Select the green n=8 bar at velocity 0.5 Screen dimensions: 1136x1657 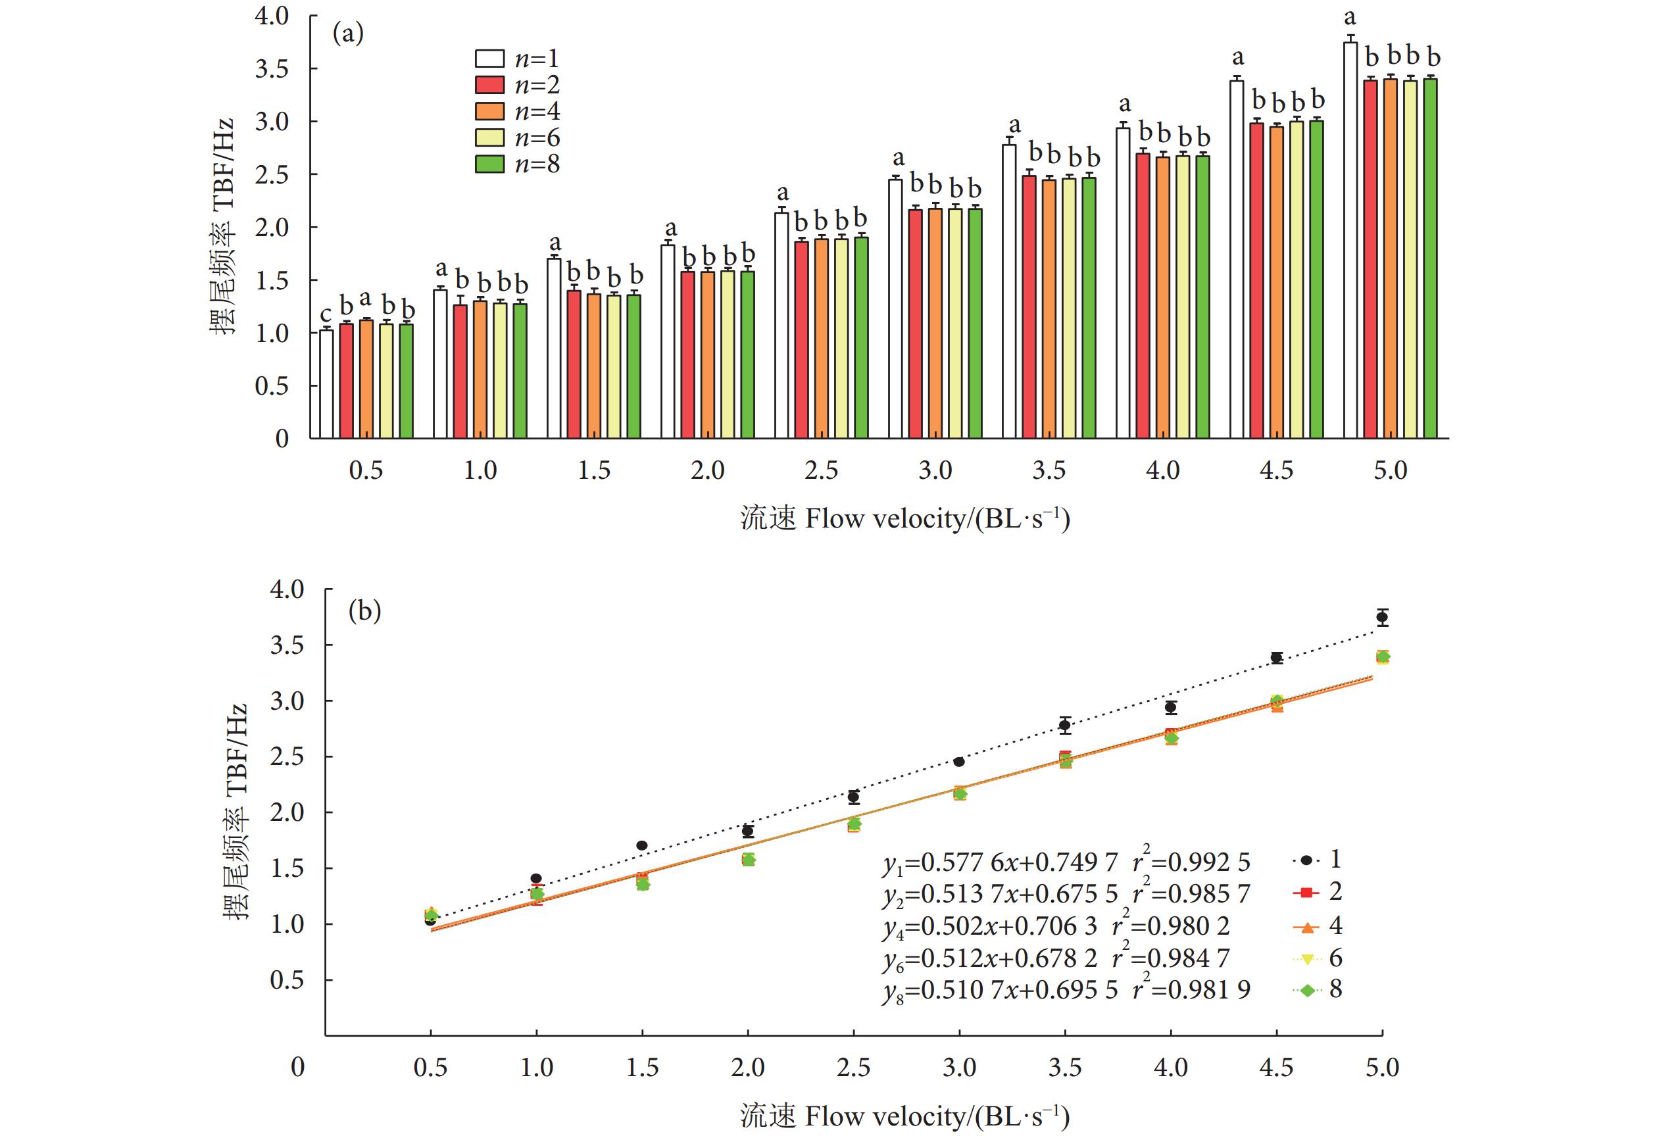pyautogui.click(x=407, y=381)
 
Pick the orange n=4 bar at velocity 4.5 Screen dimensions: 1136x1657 pyautogui.click(x=1277, y=282)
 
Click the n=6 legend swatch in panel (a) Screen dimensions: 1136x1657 pyautogui.click(x=490, y=137)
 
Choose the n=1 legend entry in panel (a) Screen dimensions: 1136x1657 pyautogui.click(x=518, y=59)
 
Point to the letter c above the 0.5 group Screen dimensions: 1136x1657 pyautogui.click(x=326, y=314)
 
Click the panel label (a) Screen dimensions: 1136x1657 pyautogui.click(x=349, y=34)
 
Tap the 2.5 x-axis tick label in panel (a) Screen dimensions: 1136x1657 pyautogui.click(x=822, y=471)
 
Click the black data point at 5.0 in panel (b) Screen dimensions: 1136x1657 pyautogui.click(x=1383, y=618)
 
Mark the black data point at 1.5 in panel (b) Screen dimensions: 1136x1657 pyautogui.click(x=642, y=846)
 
